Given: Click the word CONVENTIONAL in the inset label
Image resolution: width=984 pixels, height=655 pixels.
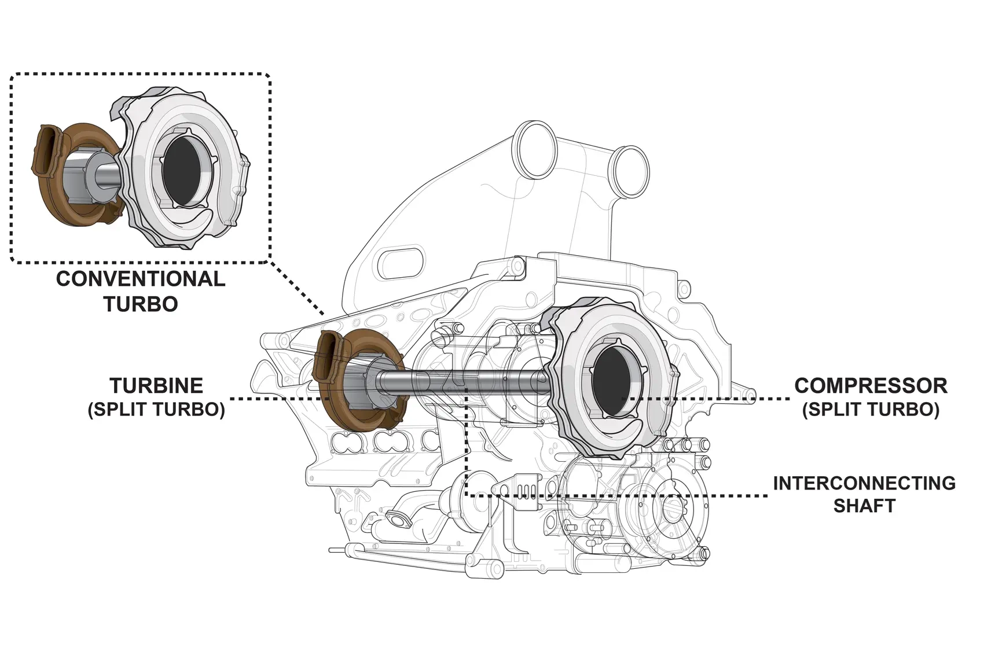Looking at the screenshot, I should tap(141, 279).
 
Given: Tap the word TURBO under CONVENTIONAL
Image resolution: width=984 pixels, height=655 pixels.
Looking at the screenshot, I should tap(141, 304).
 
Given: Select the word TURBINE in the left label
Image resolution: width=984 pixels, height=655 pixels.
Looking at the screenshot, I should tap(156, 385).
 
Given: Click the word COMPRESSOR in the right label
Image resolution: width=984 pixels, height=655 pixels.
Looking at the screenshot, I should tap(871, 385).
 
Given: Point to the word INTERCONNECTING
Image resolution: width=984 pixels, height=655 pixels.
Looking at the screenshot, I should tap(864, 483).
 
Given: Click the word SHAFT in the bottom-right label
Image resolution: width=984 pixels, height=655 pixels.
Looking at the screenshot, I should tap(864, 506).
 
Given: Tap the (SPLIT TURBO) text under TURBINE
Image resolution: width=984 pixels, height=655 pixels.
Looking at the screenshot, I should tap(156, 410).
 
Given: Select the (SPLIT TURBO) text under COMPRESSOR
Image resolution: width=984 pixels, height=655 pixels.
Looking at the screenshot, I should tap(871, 410).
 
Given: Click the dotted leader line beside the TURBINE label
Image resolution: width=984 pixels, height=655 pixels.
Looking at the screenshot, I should tap(272, 399).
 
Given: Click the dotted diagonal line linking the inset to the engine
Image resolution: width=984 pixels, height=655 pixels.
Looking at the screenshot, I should tap(298, 289).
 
